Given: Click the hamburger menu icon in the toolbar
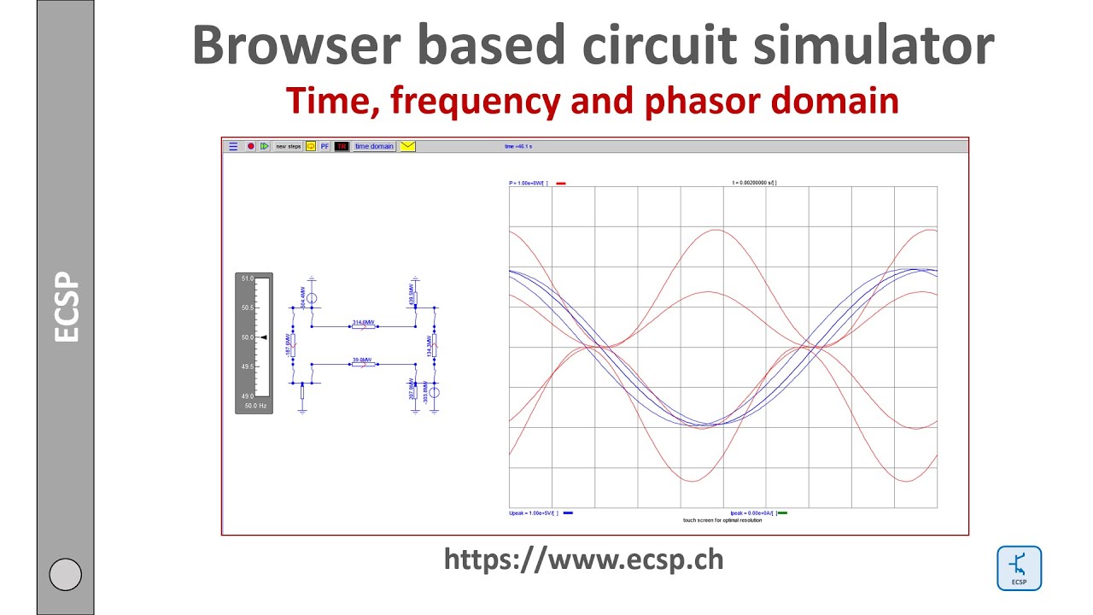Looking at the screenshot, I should pyautogui.click(x=233, y=146).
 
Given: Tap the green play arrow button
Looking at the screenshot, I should pyautogui.click(x=265, y=146).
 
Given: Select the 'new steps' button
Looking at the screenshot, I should pyautogui.click(x=288, y=146).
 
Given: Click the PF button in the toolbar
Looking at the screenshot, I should pyautogui.click(x=324, y=146).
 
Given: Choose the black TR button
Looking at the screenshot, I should pyautogui.click(x=342, y=146).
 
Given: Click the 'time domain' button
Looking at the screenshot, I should pyautogui.click(x=374, y=146).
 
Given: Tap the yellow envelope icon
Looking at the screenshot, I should pyautogui.click(x=407, y=146).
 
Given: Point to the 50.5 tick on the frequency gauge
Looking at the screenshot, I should pyautogui.click(x=247, y=308).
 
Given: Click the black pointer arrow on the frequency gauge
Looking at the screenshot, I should pyautogui.click(x=264, y=337).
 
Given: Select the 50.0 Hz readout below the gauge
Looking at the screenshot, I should pyautogui.click(x=254, y=406).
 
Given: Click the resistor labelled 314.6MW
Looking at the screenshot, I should pyautogui.click(x=363, y=326).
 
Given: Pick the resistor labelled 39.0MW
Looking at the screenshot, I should pyautogui.click(x=363, y=364).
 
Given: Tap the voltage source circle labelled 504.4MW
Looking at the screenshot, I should pyautogui.click(x=312, y=298).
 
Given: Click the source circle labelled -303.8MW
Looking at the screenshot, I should pyautogui.click(x=434, y=392).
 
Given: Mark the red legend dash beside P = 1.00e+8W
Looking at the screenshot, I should pyautogui.click(x=561, y=183).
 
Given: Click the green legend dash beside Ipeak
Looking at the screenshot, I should pyautogui.click(x=782, y=513).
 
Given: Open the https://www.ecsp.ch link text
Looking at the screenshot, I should pyautogui.click(x=583, y=559).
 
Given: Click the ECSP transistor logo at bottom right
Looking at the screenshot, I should pyautogui.click(x=1019, y=568).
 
